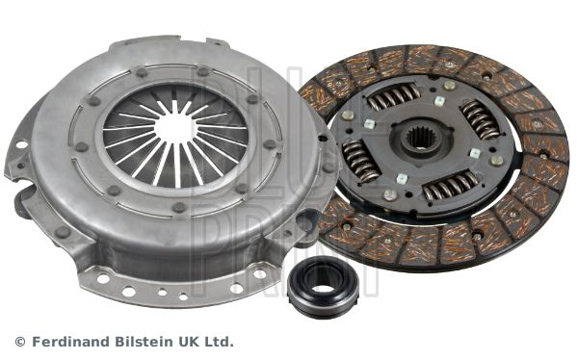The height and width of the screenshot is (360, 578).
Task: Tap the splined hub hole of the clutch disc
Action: tap(422, 139)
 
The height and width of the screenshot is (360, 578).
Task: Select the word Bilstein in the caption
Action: tap(140, 342)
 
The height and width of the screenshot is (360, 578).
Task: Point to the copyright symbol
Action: tap(20, 342)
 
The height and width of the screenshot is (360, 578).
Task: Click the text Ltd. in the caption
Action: tap(219, 342)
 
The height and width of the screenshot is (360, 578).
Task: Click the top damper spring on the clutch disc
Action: tap(393, 97)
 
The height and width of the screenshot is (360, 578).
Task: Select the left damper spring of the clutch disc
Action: tap(359, 161)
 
